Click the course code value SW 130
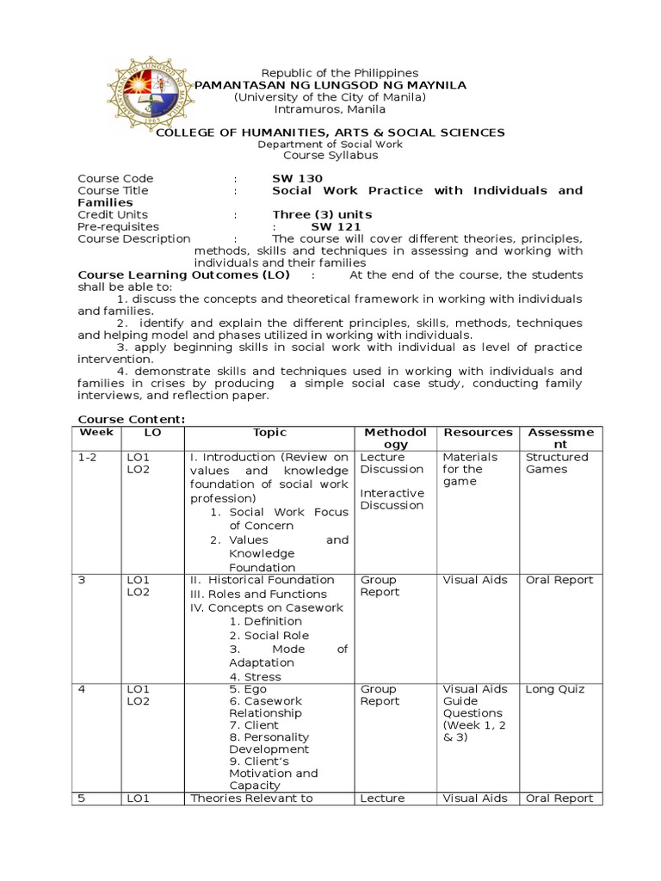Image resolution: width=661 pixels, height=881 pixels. click(298, 179)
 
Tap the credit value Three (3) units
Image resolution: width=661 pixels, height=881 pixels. click(322, 214)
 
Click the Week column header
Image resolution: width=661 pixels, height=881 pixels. click(90, 433)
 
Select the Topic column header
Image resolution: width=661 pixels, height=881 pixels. click(269, 433)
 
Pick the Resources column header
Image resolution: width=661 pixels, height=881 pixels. click(477, 433)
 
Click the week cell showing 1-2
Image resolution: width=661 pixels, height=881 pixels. click(87, 458)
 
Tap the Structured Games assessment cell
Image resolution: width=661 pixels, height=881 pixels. click(557, 463)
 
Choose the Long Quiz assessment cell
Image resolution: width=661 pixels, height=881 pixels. click(555, 689)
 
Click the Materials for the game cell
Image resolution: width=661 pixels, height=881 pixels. click(470, 469)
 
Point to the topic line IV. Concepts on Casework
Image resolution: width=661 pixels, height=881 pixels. click(266, 607)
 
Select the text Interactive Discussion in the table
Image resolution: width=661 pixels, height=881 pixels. click(392, 499)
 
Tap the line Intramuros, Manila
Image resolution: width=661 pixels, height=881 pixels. click(329, 109)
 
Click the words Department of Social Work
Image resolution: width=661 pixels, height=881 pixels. click(330, 145)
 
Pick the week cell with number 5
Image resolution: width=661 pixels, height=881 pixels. click(82, 798)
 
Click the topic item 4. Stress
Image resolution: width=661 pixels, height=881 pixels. click(256, 677)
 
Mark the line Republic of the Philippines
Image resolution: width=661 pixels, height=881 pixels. click(327, 73)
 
